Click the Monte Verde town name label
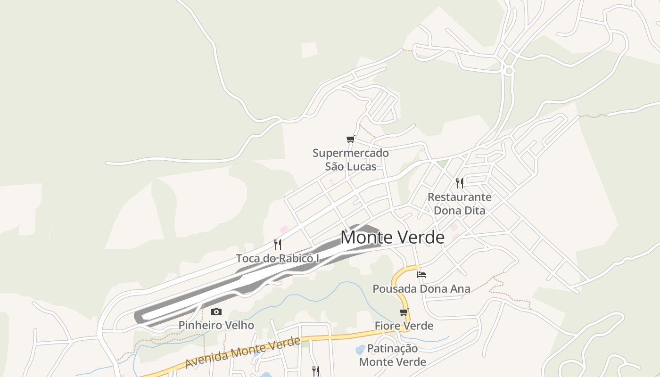[x=392, y=238]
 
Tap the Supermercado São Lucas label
[x=351, y=160]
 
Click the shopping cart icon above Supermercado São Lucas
[x=350, y=139]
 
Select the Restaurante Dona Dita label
[x=459, y=204]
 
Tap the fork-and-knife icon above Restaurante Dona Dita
[x=459, y=183]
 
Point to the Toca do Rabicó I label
[x=278, y=258]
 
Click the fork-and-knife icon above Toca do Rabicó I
[x=278, y=244]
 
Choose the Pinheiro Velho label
[x=216, y=325]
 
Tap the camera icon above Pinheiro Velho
[x=216, y=311]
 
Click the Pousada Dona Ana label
[x=421, y=288]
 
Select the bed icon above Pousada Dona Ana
[x=421, y=274]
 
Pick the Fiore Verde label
[x=404, y=326]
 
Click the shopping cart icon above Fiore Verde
[x=404, y=312]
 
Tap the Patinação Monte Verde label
[x=392, y=355]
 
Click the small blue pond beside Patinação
[x=360, y=350]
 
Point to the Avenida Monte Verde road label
[x=243, y=352]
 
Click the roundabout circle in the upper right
[x=508, y=71]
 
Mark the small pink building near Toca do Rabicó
[x=284, y=229]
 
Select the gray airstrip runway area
[x=198, y=297]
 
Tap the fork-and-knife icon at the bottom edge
[x=315, y=371]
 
